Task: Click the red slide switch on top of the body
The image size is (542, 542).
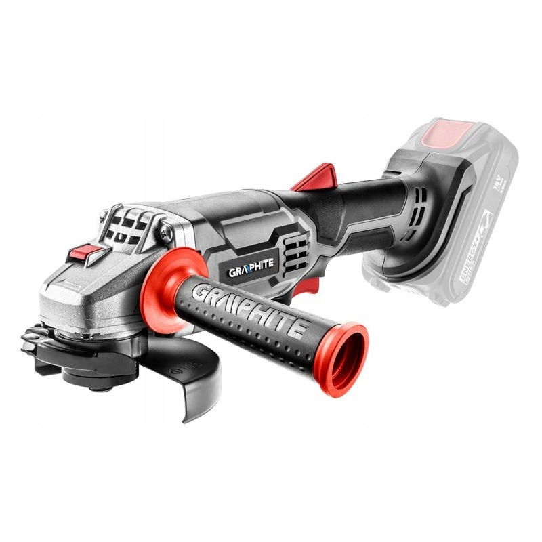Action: pyautogui.click(x=313, y=177)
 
